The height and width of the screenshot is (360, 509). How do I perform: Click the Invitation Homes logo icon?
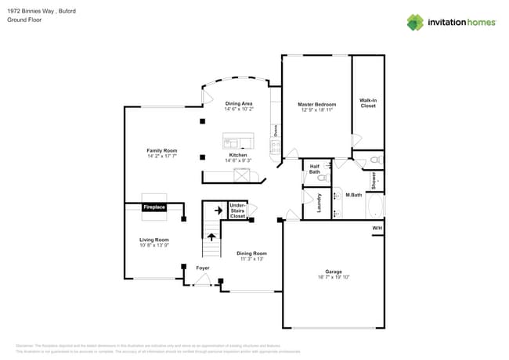click(x=415, y=22)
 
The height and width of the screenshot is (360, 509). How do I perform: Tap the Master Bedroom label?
click(x=317, y=104)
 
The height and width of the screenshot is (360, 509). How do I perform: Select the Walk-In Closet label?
click(x=368, y=103)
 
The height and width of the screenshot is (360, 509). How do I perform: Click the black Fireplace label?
click(x=154, y=207)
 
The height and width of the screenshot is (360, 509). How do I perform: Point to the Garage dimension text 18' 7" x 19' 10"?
click(x=334, y=277)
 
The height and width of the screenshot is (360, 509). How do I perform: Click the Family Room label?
click(x=162, y=150)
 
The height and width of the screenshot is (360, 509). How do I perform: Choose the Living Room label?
click(x=154, y=240)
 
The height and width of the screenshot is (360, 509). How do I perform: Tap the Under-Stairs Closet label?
click(x=237, y=210)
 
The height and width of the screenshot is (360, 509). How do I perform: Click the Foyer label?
click(x=203, y=268)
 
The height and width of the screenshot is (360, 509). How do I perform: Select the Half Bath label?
click(x=314, y=168)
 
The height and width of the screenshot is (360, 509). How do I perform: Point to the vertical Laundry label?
click(x=319, y=203)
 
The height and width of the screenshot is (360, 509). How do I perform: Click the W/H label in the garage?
click(x=377, y=229)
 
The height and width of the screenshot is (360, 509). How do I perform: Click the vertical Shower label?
click(x=374, y=181)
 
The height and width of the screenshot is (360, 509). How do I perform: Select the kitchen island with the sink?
click(x=238, y=142)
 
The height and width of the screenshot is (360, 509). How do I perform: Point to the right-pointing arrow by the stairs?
click(x=218, y=211)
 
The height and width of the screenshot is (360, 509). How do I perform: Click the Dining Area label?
click(x=239, y=104)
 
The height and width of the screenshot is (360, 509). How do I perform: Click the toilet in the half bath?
click(x=320, y=178)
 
